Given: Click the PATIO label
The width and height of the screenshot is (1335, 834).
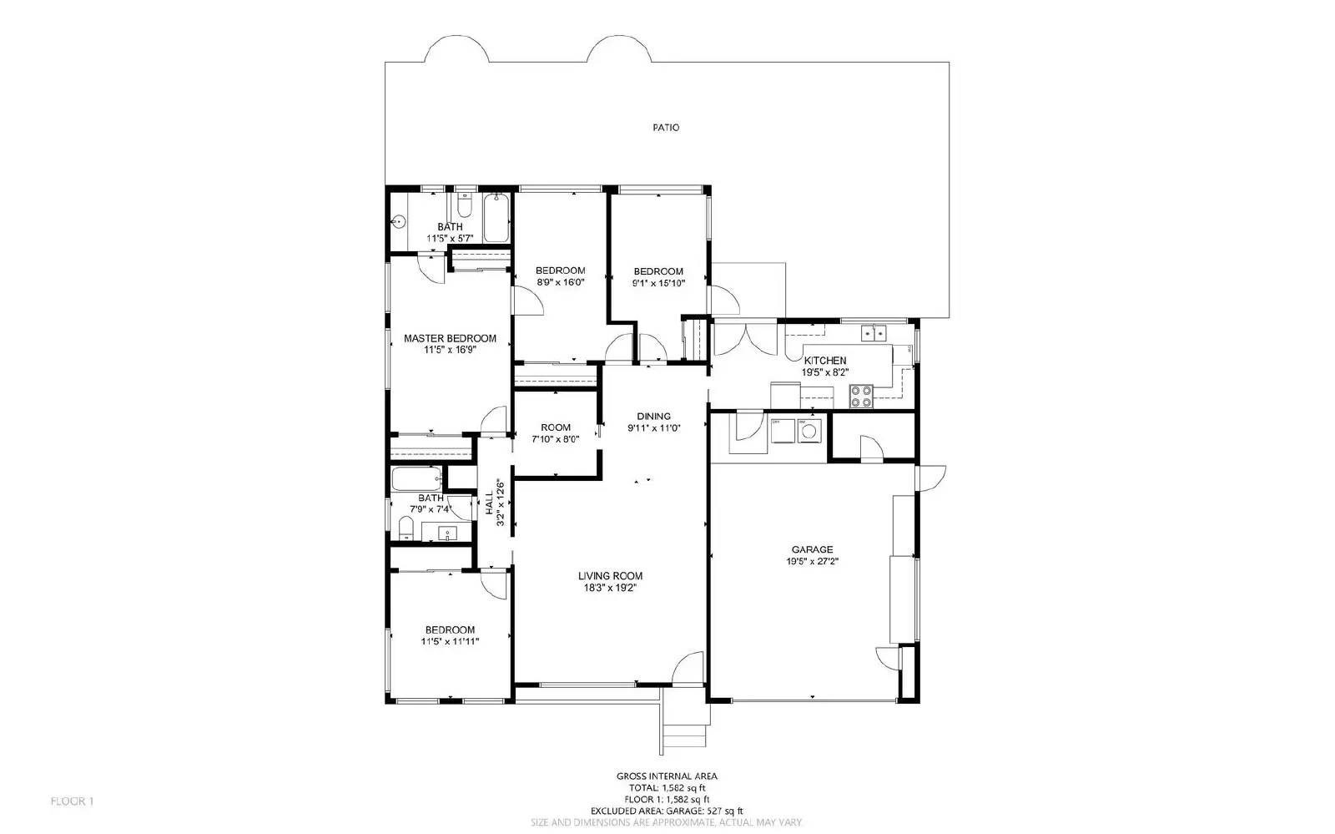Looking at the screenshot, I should (x=665, y=128).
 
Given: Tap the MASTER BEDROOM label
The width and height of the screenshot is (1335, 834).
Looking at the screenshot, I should (x=450, y=338).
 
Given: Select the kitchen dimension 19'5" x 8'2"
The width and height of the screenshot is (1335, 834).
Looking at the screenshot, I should (x=824, y=372).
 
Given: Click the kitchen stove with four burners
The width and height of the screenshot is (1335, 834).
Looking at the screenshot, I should (x=861, y=397).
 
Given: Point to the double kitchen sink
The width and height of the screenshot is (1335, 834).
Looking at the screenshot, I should (x=874, y=333).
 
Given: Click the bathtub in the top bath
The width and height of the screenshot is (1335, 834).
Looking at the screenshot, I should (x=496, y=218).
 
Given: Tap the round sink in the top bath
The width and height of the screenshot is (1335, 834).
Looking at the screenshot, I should (x=399, y=222).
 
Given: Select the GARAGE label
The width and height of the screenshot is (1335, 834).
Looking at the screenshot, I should (x=812, y=549).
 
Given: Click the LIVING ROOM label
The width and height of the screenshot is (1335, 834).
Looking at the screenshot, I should (x=610, y=575).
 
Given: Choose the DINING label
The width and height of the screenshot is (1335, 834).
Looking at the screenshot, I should (x=653, y=416).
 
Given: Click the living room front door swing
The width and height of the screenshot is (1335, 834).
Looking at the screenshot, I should (x=689, y=670).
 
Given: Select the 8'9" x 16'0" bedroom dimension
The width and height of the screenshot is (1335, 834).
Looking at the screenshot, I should (x=560, y=282).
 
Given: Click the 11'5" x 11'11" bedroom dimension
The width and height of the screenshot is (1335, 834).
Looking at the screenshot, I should (x=450, y=641).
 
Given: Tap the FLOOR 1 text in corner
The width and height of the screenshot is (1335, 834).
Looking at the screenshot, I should (x=72, y=801).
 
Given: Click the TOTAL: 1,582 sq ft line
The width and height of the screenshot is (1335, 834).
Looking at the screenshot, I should (x=666, y=787).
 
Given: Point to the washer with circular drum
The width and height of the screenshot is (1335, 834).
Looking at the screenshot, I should (x=808, y=431).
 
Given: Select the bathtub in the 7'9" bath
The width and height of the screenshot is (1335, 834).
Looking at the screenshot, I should (x=416, y=479).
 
